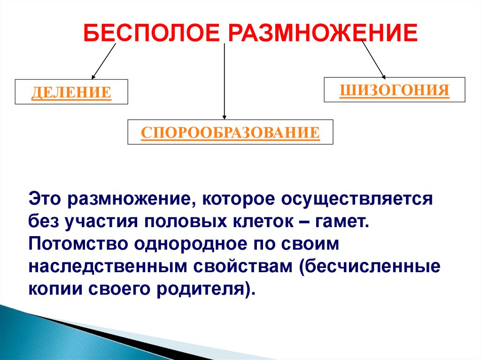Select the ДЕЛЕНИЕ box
[71, 92]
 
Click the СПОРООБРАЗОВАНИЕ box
[230, 132]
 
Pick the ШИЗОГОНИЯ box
[395, 90]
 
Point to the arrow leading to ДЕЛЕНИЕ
[104, 61]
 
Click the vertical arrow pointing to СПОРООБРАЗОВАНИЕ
[225, 80]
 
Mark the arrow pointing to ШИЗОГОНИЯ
[373, 59]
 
